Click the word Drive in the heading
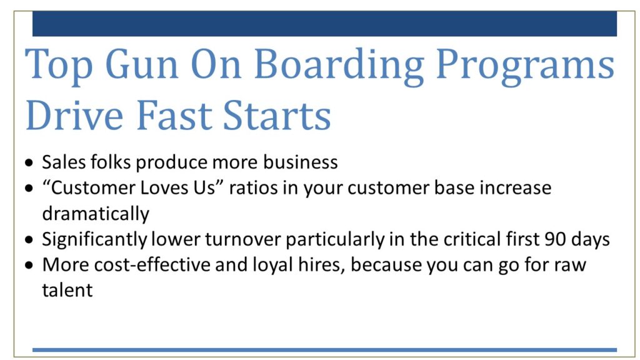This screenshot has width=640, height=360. click(x=74, y=115)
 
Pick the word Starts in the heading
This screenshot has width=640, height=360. click(x=277, y=115)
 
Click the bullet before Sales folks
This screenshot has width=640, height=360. click(x=29, y=163)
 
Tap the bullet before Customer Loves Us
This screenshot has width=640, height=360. click(x=29, y=189)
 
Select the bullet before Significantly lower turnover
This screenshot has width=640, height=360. click(x=29, y=240)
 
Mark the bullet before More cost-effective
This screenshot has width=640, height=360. click(x=29, y=266)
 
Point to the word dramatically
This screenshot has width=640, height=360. click(x=96, y=214)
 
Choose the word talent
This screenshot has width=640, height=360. click(x=67, y=290)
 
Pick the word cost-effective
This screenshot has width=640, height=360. click(x=152, y=264)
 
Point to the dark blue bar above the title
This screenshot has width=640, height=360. click(x=324, y=24)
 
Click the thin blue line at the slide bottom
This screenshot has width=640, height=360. click(x=324, y=350)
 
